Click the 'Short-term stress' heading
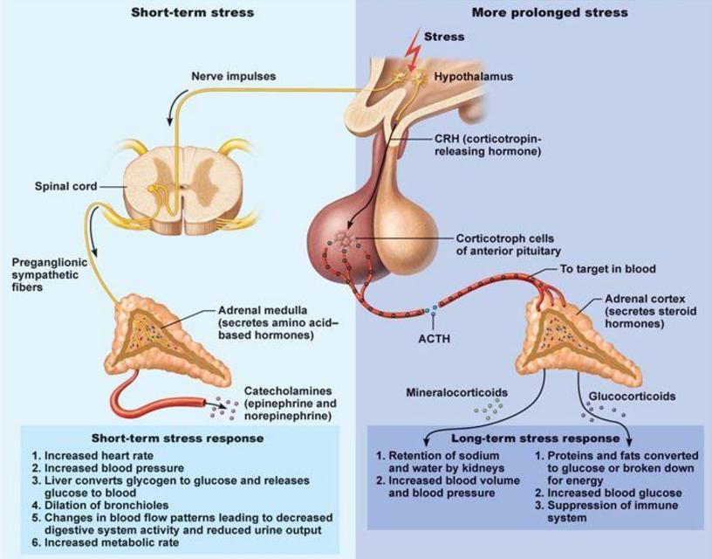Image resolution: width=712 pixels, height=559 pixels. pyautogui.click(x=193, y=12)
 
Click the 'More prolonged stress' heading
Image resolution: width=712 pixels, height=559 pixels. pyautogui.click(x=550, y=12)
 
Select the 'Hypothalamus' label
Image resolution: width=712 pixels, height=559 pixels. pyautogui.click(x=474, y=76)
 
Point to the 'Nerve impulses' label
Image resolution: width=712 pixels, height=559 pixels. pyautogui.click(x=233, y=76)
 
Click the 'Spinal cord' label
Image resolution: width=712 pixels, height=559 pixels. pyautogui.click(x=65, y=186)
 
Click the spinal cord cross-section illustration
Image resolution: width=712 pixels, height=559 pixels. pyautogui.click(x=183, y=186)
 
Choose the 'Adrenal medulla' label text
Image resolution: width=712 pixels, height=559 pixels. pyautogui.click(x=263, y=310)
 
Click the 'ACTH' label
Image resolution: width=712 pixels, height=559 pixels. pyautogui.click(x=435, y=339)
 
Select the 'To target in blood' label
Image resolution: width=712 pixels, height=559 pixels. pyautogui.click(x=607, y=269)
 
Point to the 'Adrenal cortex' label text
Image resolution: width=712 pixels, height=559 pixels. pyautogui.click(x=645, y=299)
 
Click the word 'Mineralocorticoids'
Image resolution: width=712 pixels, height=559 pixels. pyautogui.click(x=457, y=392)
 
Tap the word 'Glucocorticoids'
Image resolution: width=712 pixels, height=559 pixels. pyautogui.click(x=632, y=397)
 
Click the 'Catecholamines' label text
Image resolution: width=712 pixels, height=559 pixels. pyautogui.click(x=288, y=390)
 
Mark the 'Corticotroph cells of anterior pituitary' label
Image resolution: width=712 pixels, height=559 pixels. pyautogui.click(x=509, y=245)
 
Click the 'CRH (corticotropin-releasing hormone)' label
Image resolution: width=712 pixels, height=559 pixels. pyautogui.click(x=488, y=145)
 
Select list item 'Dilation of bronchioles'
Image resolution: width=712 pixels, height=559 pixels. pyautogui.click(x=100, y=506)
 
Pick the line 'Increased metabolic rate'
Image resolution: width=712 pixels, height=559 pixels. pyautogui.click(x=106, y=542)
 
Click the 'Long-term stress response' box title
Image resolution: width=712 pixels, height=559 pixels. pyautogui.click(x=536, y=438)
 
